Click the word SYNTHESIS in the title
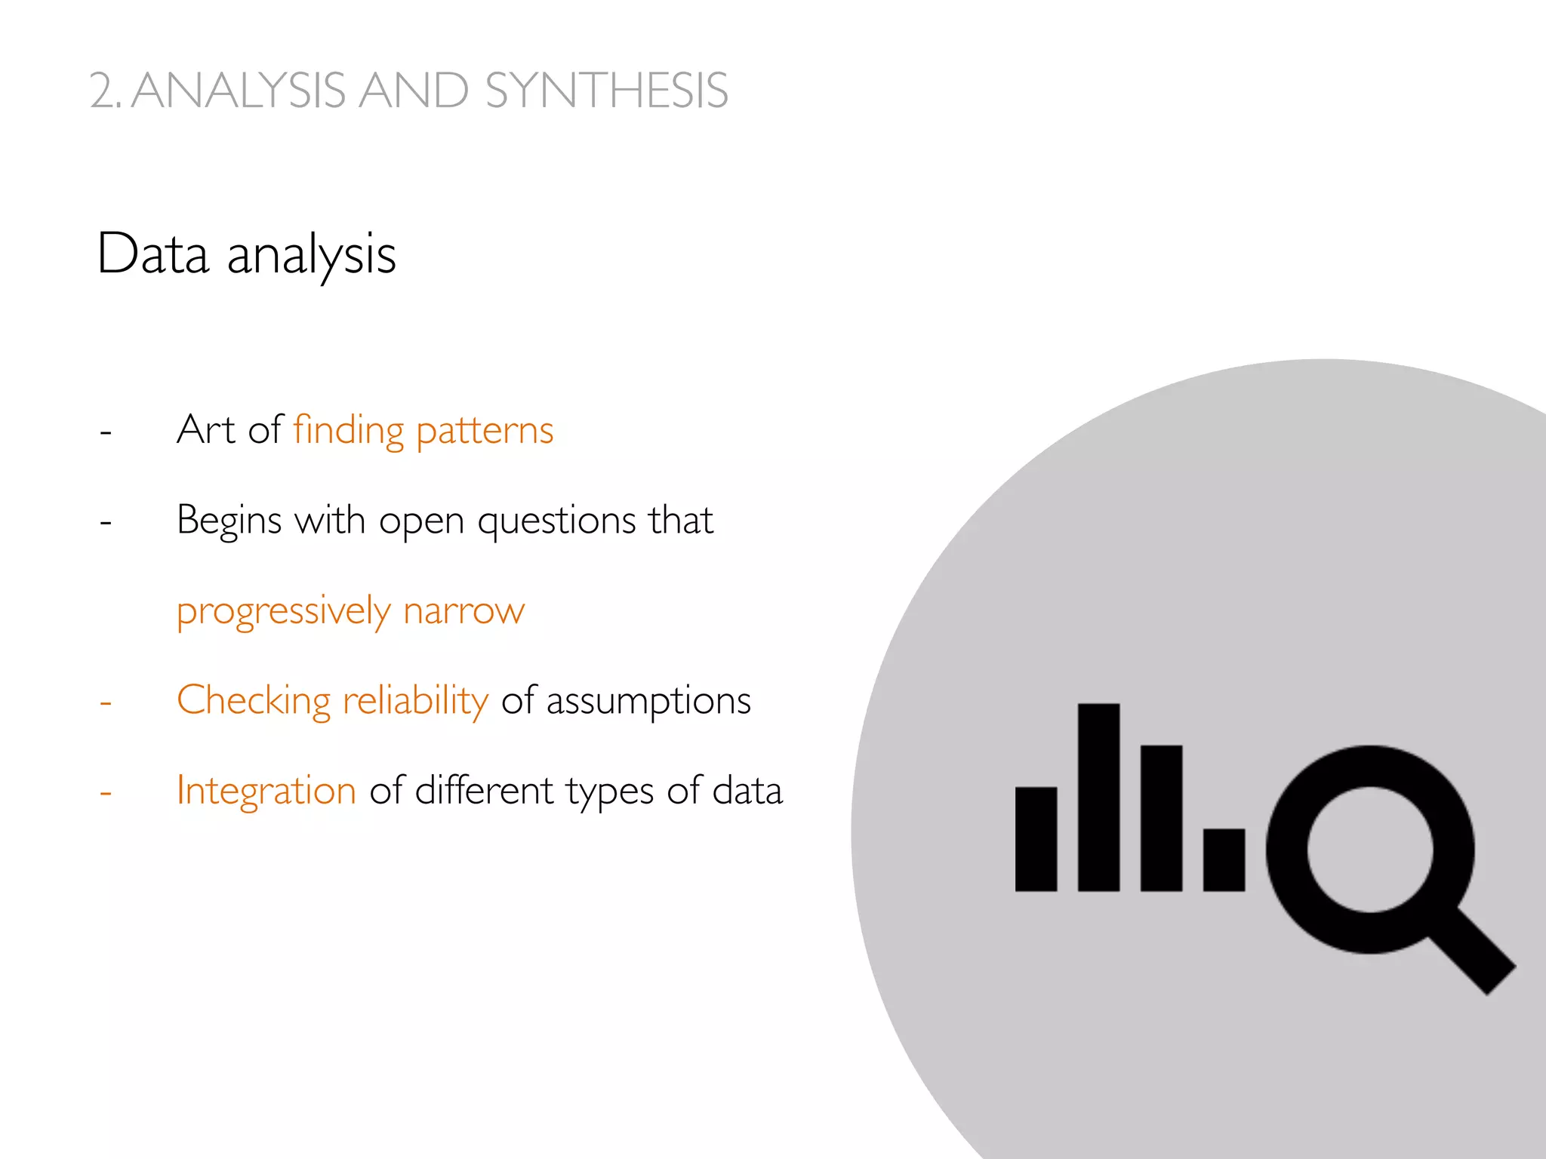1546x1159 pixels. tap(606, 91)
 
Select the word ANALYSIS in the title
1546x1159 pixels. tap(239, 91)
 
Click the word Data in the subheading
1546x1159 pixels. tap(153, 254)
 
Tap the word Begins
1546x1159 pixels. tap(229, 521)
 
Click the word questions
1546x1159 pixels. tap(557, 521)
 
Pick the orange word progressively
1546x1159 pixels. tap(283, 611)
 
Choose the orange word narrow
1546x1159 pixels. tap(463, 611)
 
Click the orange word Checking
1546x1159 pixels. tap(254, 701)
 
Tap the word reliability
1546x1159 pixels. tap(415, 701)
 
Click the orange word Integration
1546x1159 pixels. tap(266, 791)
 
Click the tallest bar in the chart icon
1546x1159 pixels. tap(1098, 797)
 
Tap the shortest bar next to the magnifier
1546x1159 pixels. tap(1224, 859)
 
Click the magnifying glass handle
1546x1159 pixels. tap(1472, 951)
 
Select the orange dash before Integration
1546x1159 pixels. tap(106, 793)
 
